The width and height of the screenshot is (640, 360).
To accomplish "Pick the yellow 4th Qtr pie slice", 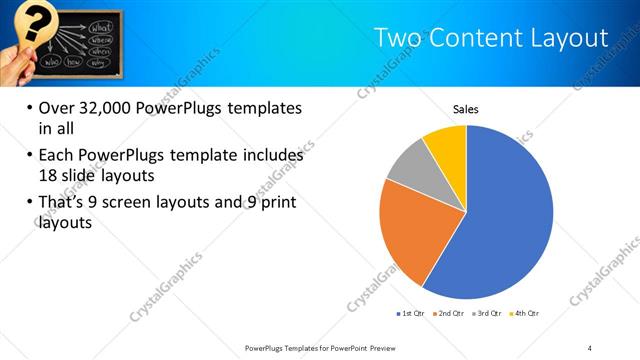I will [x=446, y=146].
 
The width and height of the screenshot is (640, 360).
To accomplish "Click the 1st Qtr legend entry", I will [x=410, y=314].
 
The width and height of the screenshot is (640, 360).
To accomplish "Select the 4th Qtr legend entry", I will [x=525, y=314].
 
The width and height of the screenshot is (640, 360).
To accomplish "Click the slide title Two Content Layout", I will [x=490, y=38].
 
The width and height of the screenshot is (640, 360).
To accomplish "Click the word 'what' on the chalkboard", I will [x=101, y=24].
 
